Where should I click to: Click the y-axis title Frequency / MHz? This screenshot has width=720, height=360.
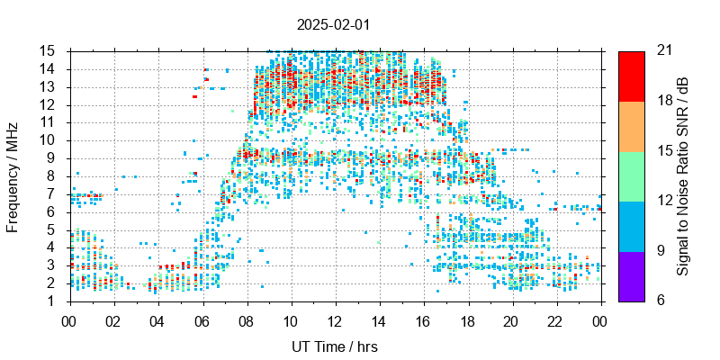(13, 175)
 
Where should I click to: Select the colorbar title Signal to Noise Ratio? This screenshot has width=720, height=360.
(683, 175)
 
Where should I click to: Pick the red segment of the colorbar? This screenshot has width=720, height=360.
(632, 76)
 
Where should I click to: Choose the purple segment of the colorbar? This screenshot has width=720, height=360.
(632, 275)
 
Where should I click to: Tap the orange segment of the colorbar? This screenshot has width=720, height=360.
(632, 126)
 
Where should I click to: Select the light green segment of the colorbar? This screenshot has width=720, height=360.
(632, 175)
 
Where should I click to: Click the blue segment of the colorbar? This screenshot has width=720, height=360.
(632, 226)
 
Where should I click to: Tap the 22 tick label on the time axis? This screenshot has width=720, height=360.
(556, 319)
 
